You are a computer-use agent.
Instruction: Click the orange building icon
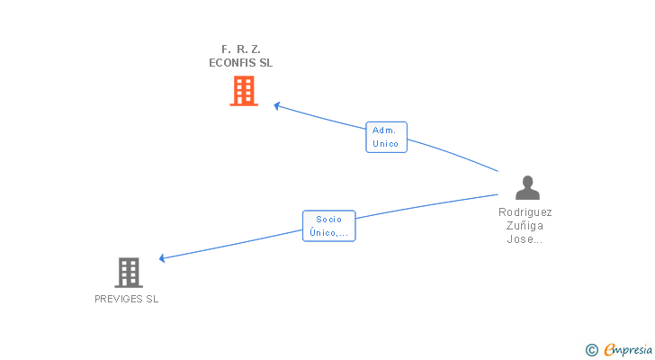coord(244,91)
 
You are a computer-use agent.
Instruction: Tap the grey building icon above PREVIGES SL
coord(129,272)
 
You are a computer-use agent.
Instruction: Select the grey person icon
coord(527,187)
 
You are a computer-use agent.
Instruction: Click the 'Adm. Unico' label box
coord(387,137)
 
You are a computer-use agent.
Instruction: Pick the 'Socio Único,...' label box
coord(329,226)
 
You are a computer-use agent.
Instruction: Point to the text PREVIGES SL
coord(126,299)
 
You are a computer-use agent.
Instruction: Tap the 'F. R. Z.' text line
coord(241,49)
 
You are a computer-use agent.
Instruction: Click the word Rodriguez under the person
coord(525,212)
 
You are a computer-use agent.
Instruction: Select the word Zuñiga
coord(525,226)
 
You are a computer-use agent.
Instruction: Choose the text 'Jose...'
coord(525,239)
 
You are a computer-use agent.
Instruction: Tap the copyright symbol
coord(591,349)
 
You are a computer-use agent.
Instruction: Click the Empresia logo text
coord(628,349)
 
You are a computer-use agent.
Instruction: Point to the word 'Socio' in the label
coord(329,219)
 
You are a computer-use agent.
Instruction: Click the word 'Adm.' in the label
coord(384,130)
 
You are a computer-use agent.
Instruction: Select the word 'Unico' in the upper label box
coord(386,144)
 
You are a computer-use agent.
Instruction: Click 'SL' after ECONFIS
coord(265,63)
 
